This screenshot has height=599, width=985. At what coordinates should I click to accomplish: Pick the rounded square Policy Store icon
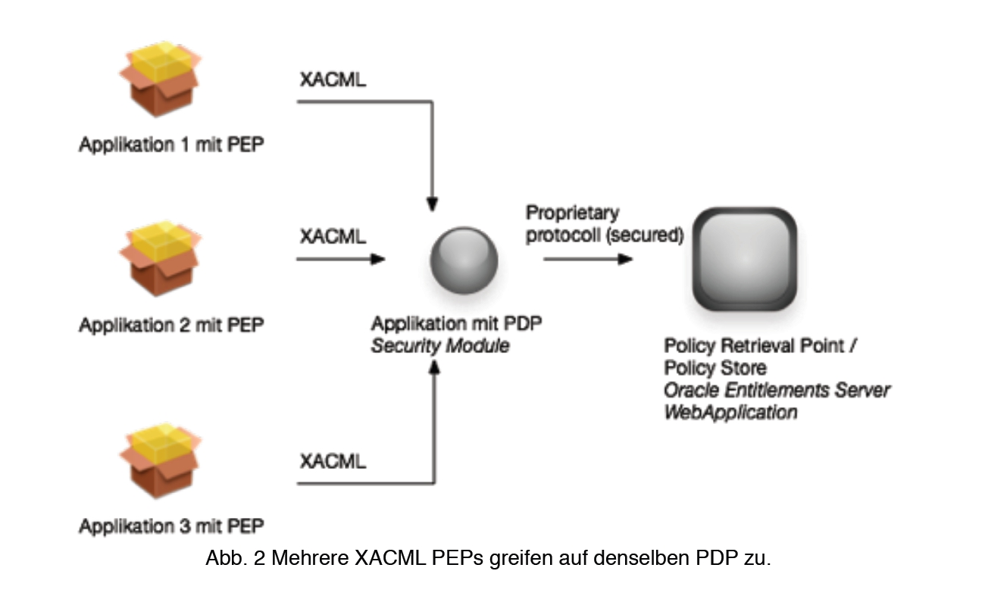coord(746,259)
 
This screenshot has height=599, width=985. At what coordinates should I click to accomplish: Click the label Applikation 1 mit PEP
coord(172,145)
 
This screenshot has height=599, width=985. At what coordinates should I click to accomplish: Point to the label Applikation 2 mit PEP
coord(172,326)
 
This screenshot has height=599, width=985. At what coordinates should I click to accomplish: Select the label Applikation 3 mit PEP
coord(172,526)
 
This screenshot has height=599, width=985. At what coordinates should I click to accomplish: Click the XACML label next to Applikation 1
coord(333,80)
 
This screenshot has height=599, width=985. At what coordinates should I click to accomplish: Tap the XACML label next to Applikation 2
coord(333,236)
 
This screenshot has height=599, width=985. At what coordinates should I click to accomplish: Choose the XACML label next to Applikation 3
coord(333,460)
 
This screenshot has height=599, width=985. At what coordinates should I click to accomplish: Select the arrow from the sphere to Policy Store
coord(588,259)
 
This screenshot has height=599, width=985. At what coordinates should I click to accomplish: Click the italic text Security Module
coord(440,347)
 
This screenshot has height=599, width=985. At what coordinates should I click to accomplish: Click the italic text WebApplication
coord(730,413)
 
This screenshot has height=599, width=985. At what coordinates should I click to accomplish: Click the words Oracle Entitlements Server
coord(777,390)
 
